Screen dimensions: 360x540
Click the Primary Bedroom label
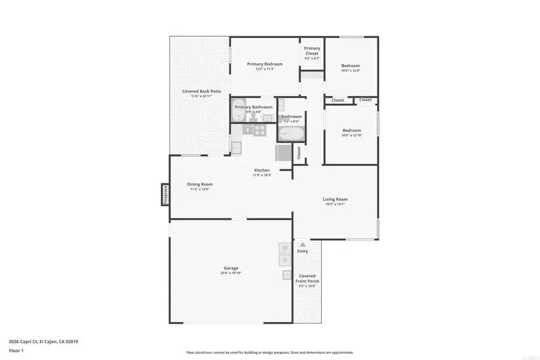pos(265,64)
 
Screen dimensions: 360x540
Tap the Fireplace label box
pos(164,194)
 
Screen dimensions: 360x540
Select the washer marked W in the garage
pos(285,247)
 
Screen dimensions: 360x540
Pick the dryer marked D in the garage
pos(285,260)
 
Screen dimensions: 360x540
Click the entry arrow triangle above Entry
pos(302,244)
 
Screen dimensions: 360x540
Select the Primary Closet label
pos(311,51)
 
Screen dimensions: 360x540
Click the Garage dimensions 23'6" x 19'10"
pos(231,274)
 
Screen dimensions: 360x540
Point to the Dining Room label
pos(200,184)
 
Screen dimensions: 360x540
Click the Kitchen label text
pos(262,170)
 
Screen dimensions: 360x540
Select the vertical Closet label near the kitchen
pos(298,153)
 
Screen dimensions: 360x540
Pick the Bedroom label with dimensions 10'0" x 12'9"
pos(351,65)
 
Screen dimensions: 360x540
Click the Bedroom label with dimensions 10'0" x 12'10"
pos(352,130)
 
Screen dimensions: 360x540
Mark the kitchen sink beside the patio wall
pos(236,146)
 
